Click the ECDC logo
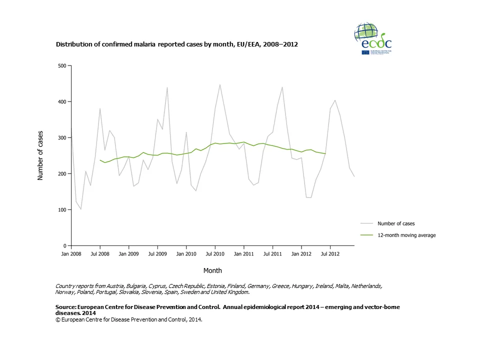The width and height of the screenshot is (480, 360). point(373,38)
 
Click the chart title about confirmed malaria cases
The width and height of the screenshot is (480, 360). point(176,44)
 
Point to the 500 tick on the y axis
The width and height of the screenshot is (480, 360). point(62,65)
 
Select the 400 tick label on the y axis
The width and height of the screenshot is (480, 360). point(62,101)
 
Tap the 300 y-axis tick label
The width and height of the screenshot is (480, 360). point(62,137)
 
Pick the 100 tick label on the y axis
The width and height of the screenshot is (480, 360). point(62,209)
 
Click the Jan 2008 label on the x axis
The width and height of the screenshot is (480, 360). point(71,254)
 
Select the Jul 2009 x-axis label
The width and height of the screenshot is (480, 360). point(157,254)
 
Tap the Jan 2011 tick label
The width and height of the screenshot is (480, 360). point(243,254)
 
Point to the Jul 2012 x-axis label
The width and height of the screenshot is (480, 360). point(330,254)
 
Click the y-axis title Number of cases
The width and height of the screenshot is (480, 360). point(40,155)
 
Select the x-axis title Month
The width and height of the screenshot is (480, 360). point(212,270)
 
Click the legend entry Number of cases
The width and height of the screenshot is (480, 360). point(396,223)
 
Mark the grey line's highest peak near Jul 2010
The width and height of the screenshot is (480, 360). point(219,84)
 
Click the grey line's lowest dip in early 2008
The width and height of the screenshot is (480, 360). point(80,209)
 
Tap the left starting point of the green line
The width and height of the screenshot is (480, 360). point(100,160)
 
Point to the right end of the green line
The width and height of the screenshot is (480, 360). point(325,153)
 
